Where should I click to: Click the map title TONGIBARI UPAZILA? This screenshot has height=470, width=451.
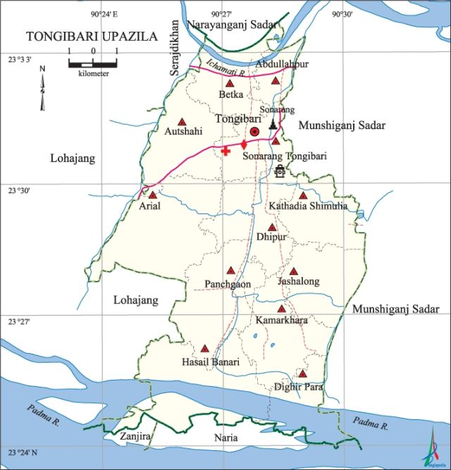92,36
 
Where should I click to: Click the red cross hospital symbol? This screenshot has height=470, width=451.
225,150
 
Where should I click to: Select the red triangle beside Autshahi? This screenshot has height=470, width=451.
182,121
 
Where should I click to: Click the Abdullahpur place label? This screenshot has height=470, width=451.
282,64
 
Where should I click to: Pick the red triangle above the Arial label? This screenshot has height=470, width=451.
152,194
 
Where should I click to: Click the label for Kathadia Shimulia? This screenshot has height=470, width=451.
307,206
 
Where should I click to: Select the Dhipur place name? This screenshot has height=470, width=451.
272,238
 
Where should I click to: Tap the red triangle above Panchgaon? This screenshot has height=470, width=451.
230,271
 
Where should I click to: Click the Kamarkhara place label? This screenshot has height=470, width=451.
281,321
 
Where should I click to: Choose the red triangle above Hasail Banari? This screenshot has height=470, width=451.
205,348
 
